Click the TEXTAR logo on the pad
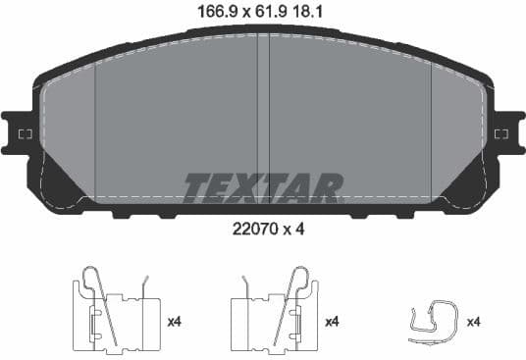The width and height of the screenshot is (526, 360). [x=263, y=187]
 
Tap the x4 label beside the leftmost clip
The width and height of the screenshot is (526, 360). [x=176, y=322]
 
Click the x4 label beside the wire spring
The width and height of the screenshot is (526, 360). [x=473, y=322]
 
